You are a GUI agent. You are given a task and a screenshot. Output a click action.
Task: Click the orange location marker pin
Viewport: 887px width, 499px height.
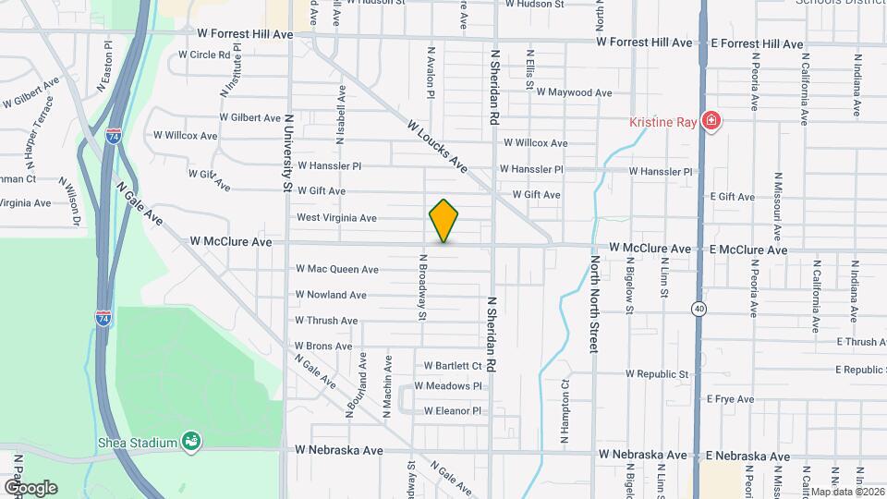coord(444,221)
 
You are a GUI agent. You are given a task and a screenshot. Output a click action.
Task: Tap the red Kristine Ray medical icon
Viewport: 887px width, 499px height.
coord(711,121)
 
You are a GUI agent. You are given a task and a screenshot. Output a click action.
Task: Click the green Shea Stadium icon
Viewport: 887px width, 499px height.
coord(190,442)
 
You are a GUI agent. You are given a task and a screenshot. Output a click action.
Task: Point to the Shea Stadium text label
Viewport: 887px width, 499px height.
coord(138,443)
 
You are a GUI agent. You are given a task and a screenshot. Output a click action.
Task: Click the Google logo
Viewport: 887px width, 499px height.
coord(30,487)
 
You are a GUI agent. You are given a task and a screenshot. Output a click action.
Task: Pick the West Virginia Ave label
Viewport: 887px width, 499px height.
coord(336,218)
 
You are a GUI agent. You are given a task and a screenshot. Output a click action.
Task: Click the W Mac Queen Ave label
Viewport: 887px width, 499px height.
coord(337,270)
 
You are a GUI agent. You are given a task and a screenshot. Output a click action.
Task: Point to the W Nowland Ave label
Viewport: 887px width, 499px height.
coord(331,295)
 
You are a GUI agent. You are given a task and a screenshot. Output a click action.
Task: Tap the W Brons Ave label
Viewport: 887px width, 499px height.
coord(323,347)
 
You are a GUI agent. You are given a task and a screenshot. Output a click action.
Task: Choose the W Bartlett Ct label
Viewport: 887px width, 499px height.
coord(454,366)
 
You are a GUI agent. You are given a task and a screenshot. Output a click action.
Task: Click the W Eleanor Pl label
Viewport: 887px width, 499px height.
coord(453,411)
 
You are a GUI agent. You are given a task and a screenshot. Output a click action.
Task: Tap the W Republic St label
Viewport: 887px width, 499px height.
coord(658,374)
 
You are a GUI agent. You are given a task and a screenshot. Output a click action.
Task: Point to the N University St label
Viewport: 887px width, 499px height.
coord(288,152)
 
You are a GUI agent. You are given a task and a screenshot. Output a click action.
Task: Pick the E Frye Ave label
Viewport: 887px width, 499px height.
coord(730,399)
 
